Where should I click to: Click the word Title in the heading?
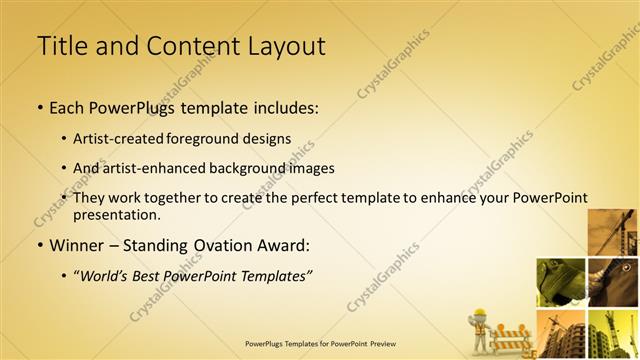[59, 45]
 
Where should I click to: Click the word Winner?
[81, 245]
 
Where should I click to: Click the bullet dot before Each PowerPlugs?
[39, 108]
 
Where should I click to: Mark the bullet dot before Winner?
[39, 246]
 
